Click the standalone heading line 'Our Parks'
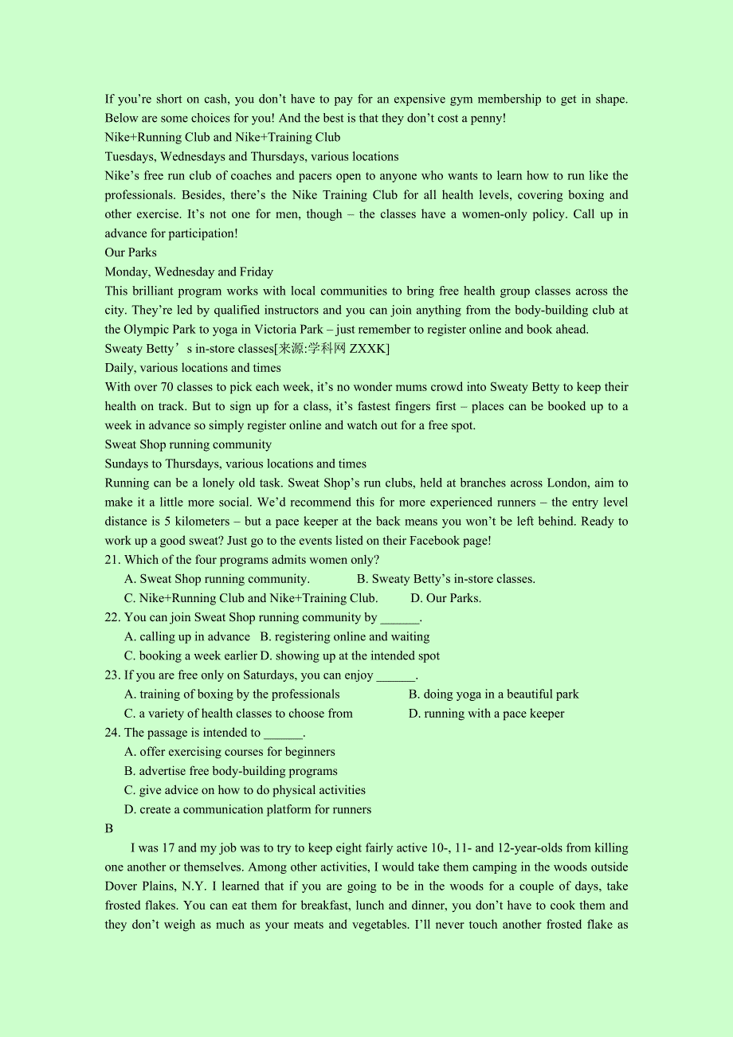coord(131,252)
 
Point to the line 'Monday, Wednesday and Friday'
coord(189,272)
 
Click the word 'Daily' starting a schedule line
coord(120,368)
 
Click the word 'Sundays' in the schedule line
coord(127,464)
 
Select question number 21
coord(113,560)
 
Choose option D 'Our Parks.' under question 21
coord(446,598)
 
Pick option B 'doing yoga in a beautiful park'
coord(494,695)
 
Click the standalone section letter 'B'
coord(109,828)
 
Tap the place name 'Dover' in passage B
coord(121,886)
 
